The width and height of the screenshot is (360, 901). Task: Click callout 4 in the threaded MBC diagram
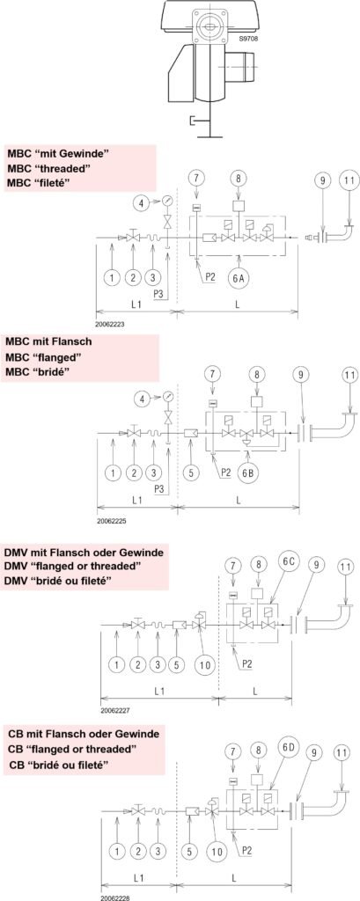click(139, 201)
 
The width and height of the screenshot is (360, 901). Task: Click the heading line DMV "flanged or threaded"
click(73, 567)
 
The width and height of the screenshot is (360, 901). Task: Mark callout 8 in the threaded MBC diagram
click(239, 178)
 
